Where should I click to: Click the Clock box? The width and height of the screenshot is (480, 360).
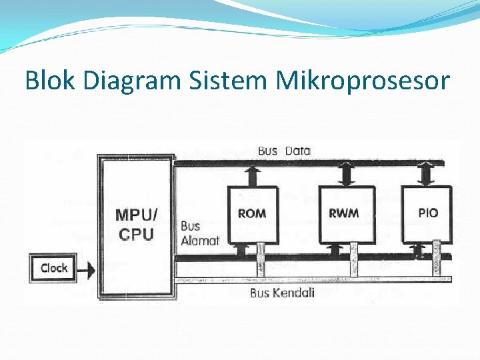[53, 268]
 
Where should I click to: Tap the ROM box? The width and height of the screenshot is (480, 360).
[251, 213]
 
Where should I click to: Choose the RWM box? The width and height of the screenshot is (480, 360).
[343, 213]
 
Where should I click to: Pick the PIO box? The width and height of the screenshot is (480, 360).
[428, 213]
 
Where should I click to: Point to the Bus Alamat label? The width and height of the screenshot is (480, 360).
[199, 233]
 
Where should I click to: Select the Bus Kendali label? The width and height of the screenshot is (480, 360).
[282, 293]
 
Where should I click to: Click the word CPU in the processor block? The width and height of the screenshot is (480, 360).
[136, 235]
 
